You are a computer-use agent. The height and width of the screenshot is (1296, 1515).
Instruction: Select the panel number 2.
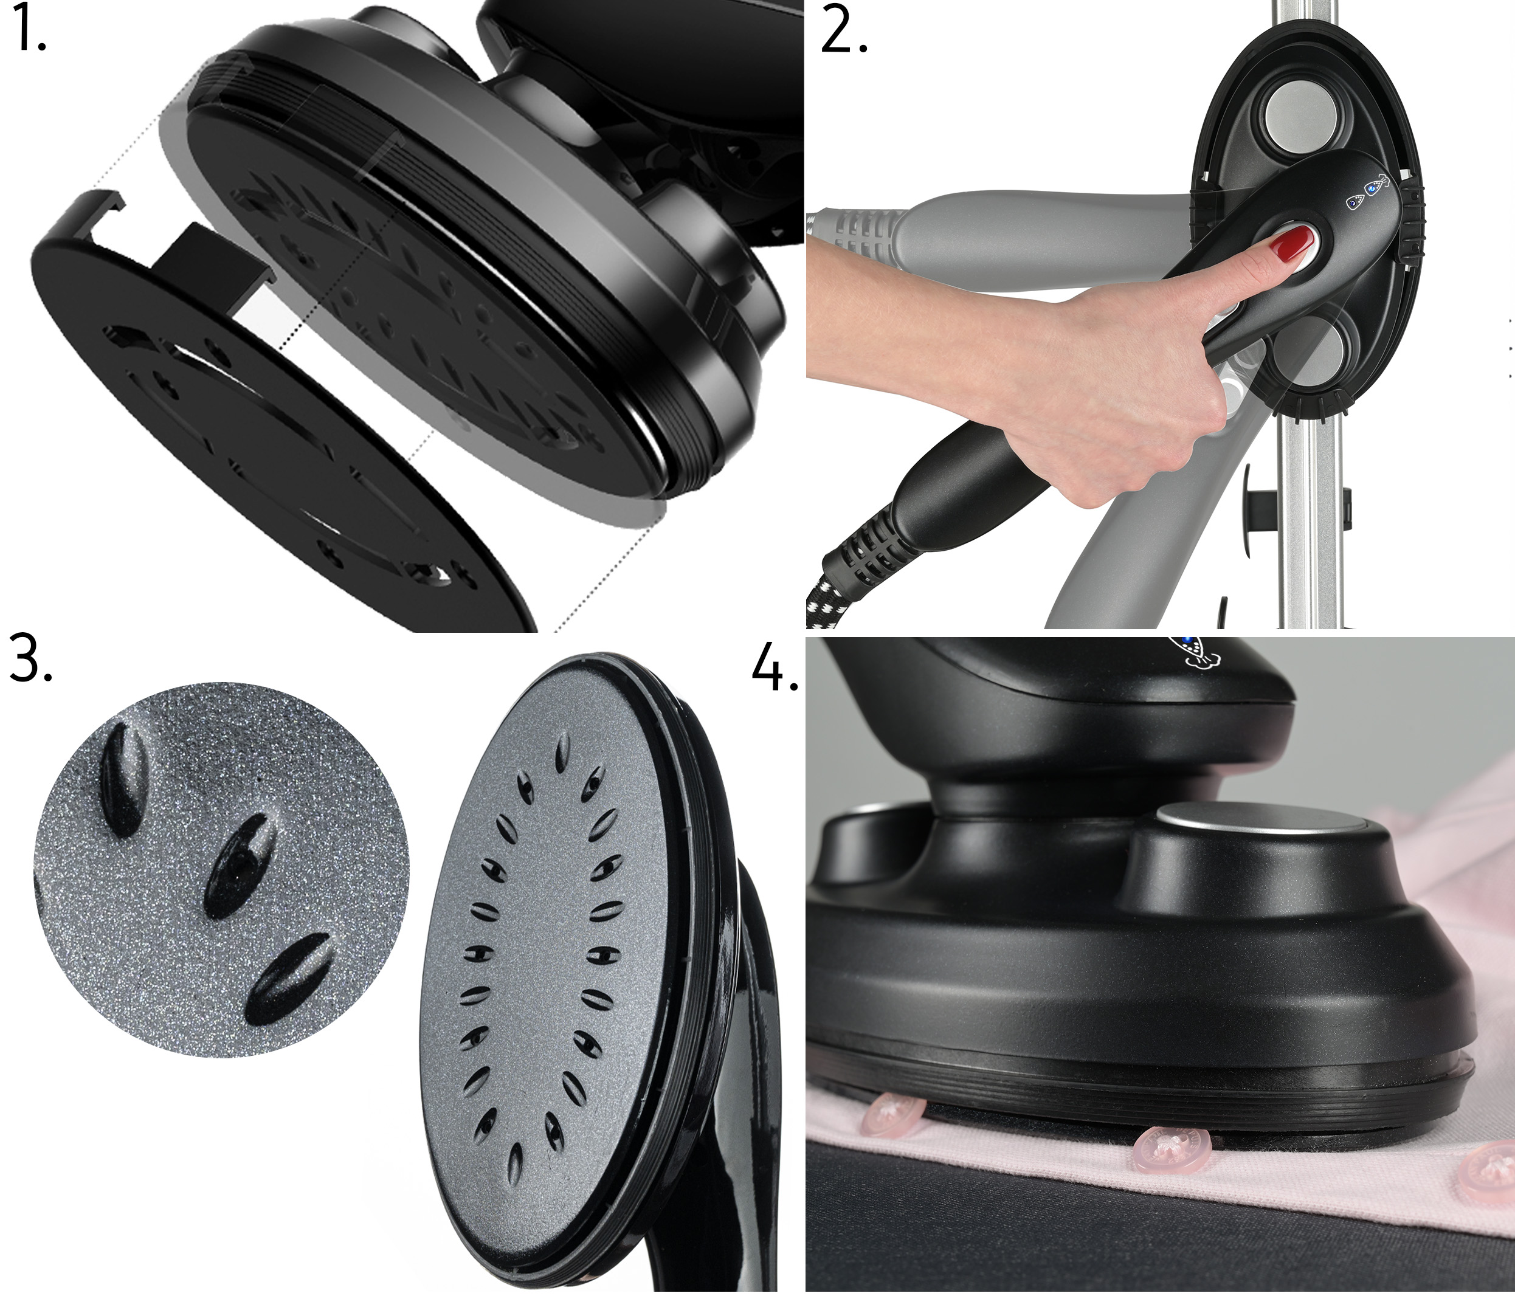pos(844,31)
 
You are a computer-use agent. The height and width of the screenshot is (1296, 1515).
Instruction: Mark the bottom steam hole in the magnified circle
pos(286,979)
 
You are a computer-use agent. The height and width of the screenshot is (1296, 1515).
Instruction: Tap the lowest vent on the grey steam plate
pos(517,1161)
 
